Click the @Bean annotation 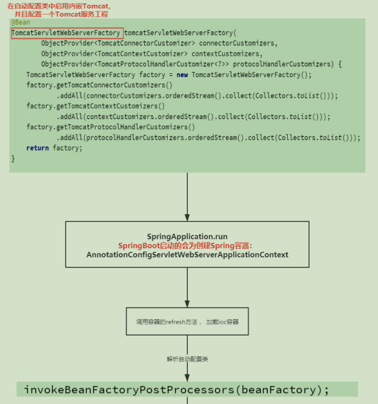point(21,22)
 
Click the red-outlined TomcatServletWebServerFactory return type point(66,33)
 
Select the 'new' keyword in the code point(182,75)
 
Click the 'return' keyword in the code point(38,148)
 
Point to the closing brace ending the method point(13,158)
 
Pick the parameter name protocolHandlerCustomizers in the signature point(283,64)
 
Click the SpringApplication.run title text point(187,237)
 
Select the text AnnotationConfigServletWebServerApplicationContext point(187,255)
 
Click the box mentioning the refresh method point(187,322)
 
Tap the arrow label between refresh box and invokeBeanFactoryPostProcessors point(187,359)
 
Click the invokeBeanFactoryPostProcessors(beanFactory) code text point(176,389)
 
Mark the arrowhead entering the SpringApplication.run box point(187,217)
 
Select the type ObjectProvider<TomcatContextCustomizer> point(114,54)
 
